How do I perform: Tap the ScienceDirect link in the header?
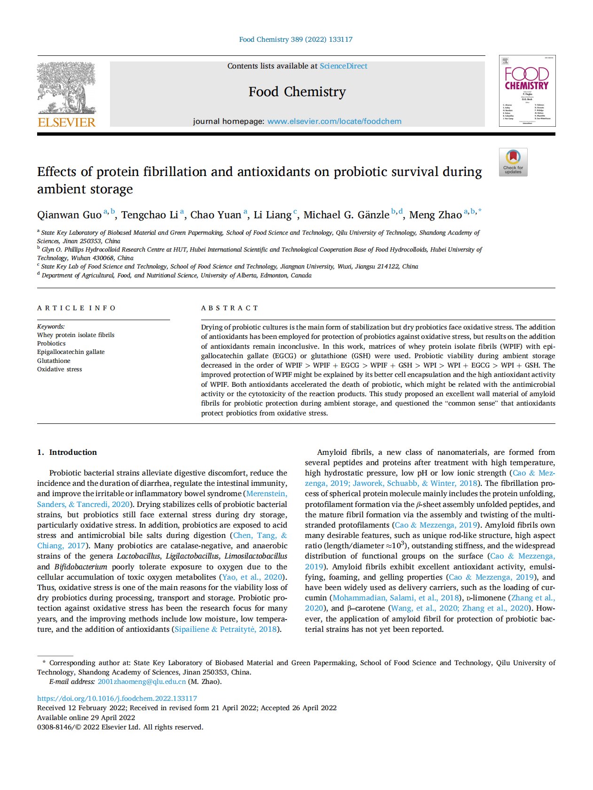343,66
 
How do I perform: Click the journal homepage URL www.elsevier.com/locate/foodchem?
334,122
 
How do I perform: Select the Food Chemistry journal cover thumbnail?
527,91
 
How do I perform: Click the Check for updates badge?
513,162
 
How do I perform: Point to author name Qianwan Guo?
69,215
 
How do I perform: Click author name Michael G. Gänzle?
346,215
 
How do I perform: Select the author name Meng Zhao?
435,215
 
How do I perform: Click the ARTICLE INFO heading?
77,308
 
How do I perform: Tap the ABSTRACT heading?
230,308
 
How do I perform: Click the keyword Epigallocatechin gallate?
71,352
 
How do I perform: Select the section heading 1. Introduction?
67,452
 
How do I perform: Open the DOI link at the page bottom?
117,698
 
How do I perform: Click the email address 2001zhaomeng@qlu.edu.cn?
142,682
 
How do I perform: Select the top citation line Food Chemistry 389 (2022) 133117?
296,39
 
